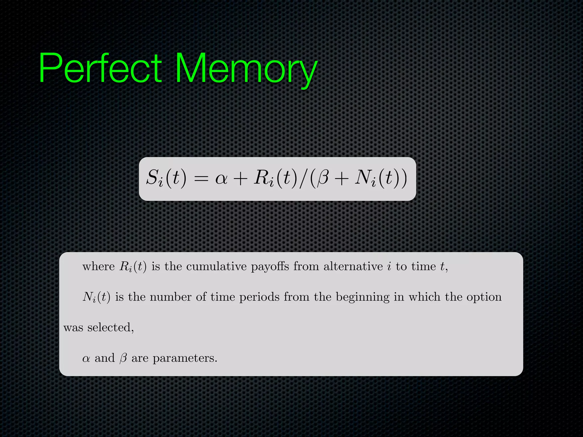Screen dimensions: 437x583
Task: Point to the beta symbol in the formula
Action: [323, 179]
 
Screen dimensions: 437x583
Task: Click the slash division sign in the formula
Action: [304, 179]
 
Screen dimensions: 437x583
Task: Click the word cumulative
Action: [216, 267]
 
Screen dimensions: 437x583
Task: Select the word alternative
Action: [353, 267]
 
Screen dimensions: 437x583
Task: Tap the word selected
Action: [110, 328]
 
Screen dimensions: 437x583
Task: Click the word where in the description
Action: [98, 267]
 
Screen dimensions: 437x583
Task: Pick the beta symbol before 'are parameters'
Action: [123, 358]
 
